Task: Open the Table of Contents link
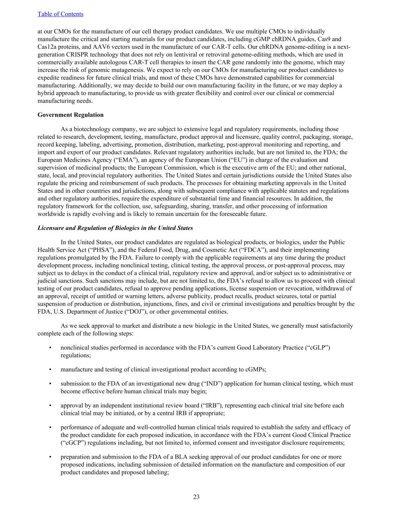[60, 14]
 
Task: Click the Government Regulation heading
[70, 115]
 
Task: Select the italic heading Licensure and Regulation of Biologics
[115, 228]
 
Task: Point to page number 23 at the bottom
[196, 497]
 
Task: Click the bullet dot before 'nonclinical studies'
[50, 348]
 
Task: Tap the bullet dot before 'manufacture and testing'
[50, 370]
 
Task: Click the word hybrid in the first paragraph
[46, 93]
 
